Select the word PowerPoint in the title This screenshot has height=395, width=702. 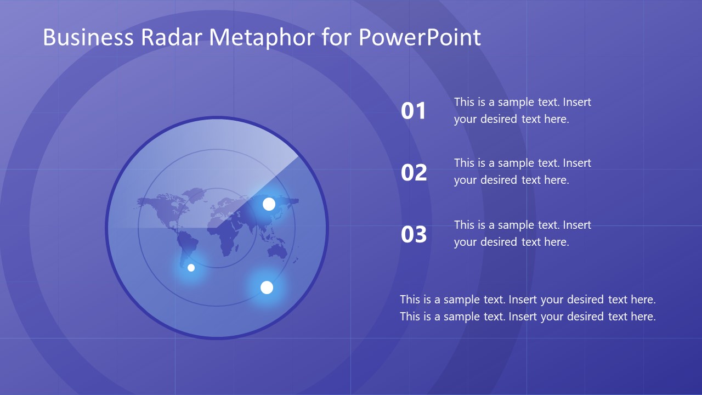(x=420, y=37)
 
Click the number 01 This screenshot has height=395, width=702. (x=414, y=111)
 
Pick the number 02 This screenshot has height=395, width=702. (x=414, y=173)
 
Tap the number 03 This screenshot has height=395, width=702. (x=414, y=235)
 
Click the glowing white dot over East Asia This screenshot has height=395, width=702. (x=269, y=204)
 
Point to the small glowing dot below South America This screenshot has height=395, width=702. (x=191, y=268)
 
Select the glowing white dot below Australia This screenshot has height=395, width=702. (x=267, y=287)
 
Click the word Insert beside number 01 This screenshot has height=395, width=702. (x=577, y=102)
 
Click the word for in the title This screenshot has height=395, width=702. (x=337, y=37)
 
